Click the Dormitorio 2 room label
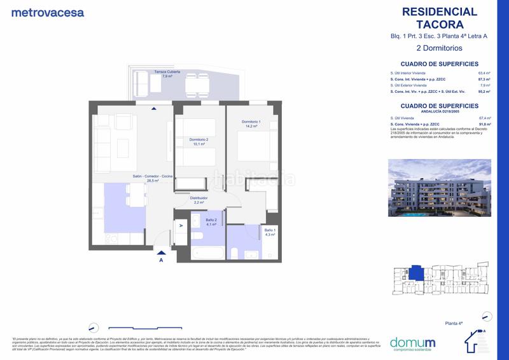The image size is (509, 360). pyautogui.click(x=199, y=141)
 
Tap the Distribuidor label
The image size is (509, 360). pyautogui.click(x=199, y=200)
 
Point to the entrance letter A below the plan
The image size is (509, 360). pyautogui.click(x=161, y=260)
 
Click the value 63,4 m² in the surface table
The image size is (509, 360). pyautogui.click(x=484, y=73)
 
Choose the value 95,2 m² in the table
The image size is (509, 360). pyautogui.click(x=484, y=93)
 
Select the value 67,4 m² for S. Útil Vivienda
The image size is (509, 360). pyautogui.click(x=484, y=118)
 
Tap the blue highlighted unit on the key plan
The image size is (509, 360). pyautogui.click(x=414, y=273)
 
